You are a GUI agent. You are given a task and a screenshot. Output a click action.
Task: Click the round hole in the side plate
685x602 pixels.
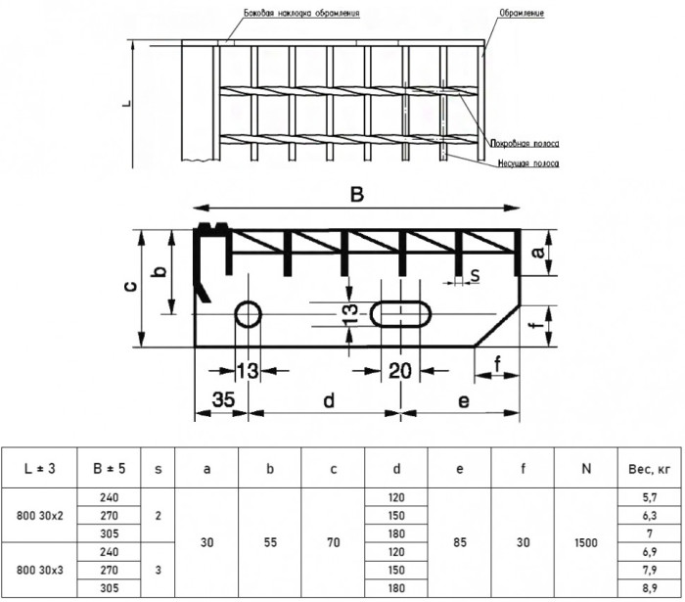(x=249, y=301)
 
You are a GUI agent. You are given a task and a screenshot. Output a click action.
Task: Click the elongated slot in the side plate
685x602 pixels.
(x=400, y=301)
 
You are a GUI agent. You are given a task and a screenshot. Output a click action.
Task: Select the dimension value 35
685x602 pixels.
(x=223, y=399)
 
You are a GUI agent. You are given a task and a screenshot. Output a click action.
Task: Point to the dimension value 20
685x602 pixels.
(x=399, y=371)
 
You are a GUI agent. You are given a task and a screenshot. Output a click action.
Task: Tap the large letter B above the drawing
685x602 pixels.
(x=357, y=195)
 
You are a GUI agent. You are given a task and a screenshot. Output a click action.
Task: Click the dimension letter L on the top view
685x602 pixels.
(x=126, y=104)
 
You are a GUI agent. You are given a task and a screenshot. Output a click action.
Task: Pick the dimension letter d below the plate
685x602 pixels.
(x=329, y=399)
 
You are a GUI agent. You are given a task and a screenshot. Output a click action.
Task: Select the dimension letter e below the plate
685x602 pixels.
(x=464, y=401)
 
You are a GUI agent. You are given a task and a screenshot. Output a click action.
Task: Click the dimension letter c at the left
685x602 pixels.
(x=130, y=286)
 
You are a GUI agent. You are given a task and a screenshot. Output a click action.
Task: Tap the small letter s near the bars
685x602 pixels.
(x=475, y=275)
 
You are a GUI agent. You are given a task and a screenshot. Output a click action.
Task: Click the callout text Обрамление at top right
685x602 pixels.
(x=522, y=13)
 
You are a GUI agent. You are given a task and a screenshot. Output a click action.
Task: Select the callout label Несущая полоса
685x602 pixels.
(x=528, y=163)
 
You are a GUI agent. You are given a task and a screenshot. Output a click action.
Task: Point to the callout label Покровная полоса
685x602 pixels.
(x=525, y=143)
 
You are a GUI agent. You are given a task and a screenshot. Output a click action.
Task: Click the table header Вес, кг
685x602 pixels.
(x=649, y=469)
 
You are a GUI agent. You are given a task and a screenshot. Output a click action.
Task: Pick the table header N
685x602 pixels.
(x=586, y=468)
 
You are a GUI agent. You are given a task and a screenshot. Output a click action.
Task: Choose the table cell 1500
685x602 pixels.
(x=586, y=542)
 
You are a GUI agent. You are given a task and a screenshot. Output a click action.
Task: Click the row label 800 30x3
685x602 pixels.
(x=40, y=570)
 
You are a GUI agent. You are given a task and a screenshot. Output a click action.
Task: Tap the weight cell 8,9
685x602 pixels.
(x=650, y=588)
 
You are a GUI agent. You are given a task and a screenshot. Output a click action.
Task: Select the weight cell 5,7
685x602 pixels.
(x=650, y=497)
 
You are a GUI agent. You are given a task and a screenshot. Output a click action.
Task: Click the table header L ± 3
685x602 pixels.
(x=39, y=468)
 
